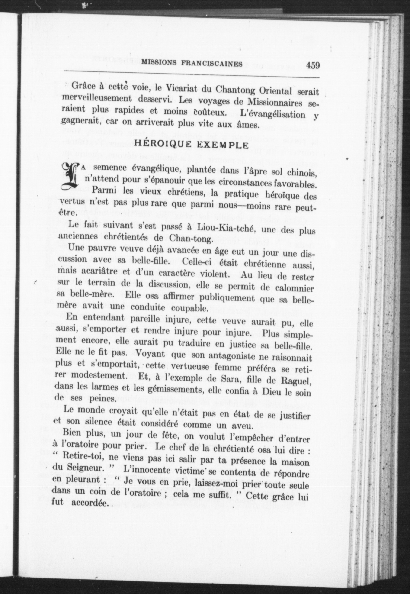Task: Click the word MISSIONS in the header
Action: [158, 63]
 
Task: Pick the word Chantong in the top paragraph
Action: [235, 90]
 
